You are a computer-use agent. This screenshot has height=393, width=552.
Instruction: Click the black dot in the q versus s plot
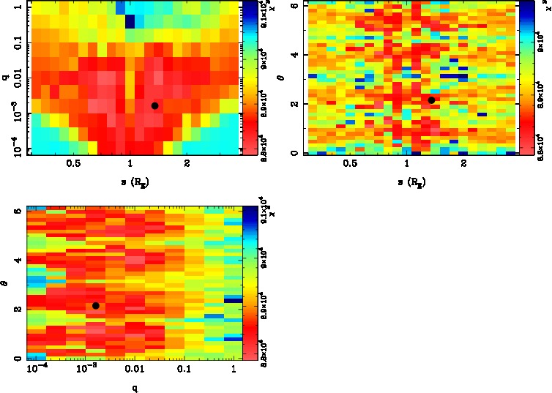pyautogui.click(x=154, y=106)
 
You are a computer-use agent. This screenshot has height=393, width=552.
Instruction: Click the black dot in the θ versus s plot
pyautogui.click(x=431, y=100)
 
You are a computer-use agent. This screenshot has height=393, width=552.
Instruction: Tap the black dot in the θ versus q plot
pyautogui.click(x=96, y=305)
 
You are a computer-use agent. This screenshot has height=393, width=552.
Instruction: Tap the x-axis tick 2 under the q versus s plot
pyautogui.click(x=187, y=163)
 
